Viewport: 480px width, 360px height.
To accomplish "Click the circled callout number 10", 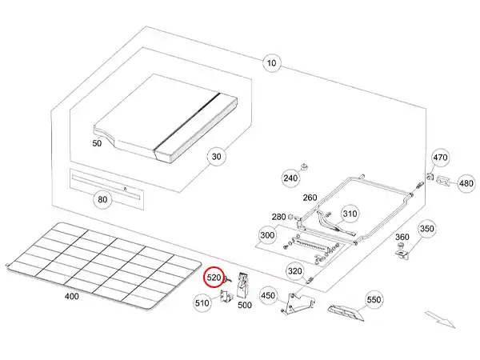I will click(x=271, y=62).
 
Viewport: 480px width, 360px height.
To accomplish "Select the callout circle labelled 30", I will click(x=215, y=158).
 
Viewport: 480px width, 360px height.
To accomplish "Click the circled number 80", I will click(x=102, y=198).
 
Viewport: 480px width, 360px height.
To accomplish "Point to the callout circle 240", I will click(x=290, y=177).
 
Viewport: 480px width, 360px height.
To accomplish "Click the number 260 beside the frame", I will click(x=310, y=198).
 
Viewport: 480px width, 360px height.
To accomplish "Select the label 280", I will click(x=278, y=217).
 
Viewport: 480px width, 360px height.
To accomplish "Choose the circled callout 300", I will click(x=267, y=235).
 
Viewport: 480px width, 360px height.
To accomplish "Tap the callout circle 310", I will click(x=350, y=214).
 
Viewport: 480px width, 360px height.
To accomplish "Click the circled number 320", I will click(x=294, y=271).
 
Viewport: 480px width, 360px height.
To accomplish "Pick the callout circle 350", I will click(x=426, y=229).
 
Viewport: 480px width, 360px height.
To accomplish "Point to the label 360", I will click(x=402, y=237).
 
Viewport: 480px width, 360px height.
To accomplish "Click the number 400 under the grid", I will click(x=71, y=296).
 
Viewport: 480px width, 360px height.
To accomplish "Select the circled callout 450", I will click(x=268, y=296).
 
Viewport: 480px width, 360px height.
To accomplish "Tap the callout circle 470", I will click(x=440, y=157).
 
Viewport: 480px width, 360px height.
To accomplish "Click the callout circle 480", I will click(x=466, y=183).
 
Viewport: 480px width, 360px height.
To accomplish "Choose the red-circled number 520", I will click(x=214, y=277).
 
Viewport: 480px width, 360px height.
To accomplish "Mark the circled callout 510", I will click(x=201, y=302).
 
